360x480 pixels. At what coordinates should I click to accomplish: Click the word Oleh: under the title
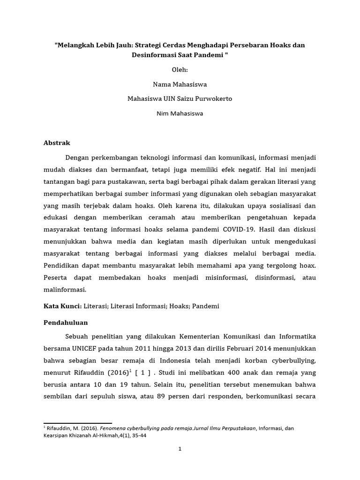(180, 70)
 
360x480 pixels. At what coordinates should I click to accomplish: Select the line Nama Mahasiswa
(180, 84)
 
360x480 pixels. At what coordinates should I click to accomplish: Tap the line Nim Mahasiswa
(180, 113)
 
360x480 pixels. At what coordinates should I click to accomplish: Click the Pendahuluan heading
(66, 323)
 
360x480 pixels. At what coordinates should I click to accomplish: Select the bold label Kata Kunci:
(63, 306)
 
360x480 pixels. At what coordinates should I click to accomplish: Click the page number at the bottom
(180, 449)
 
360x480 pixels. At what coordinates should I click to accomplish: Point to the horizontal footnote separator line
(78, 423)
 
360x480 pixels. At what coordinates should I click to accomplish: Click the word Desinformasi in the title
(154, 55)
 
